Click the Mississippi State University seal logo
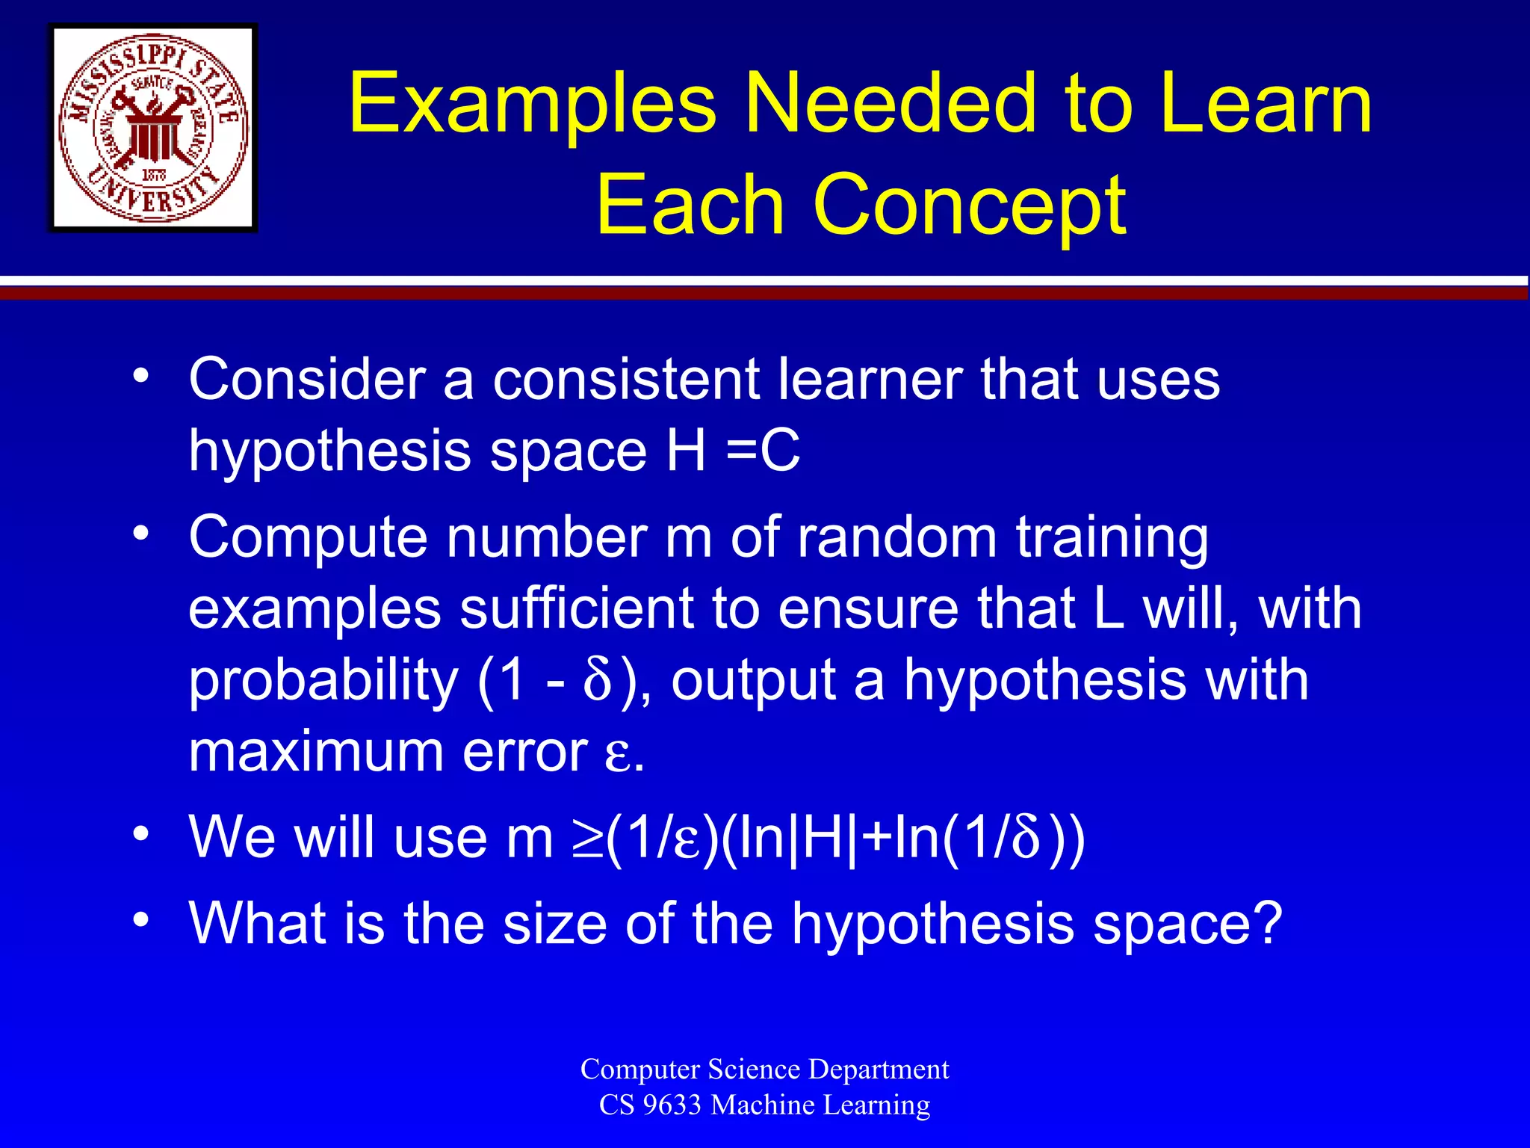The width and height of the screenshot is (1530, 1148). pos(153,128)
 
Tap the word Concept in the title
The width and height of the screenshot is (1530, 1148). pos(969,204)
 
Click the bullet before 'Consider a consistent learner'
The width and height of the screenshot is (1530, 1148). pos(140,374)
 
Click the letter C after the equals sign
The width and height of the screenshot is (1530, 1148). pos(780,451)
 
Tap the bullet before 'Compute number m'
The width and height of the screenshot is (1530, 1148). pos(140,533)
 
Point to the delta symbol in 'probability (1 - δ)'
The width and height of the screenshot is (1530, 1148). pos(597,679)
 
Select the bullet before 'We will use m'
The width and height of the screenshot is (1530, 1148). pos(140,833)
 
